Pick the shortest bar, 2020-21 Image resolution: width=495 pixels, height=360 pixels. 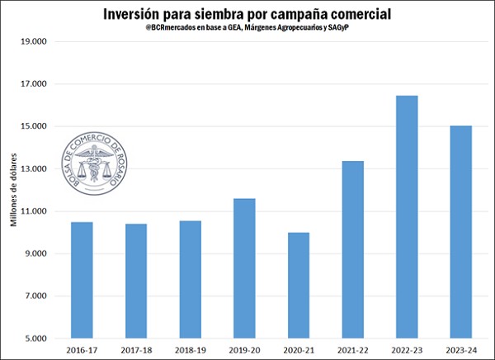pos(298,285)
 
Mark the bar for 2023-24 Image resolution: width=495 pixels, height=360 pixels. pos(461,231)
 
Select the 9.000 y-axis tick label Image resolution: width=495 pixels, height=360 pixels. pos(35,254)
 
